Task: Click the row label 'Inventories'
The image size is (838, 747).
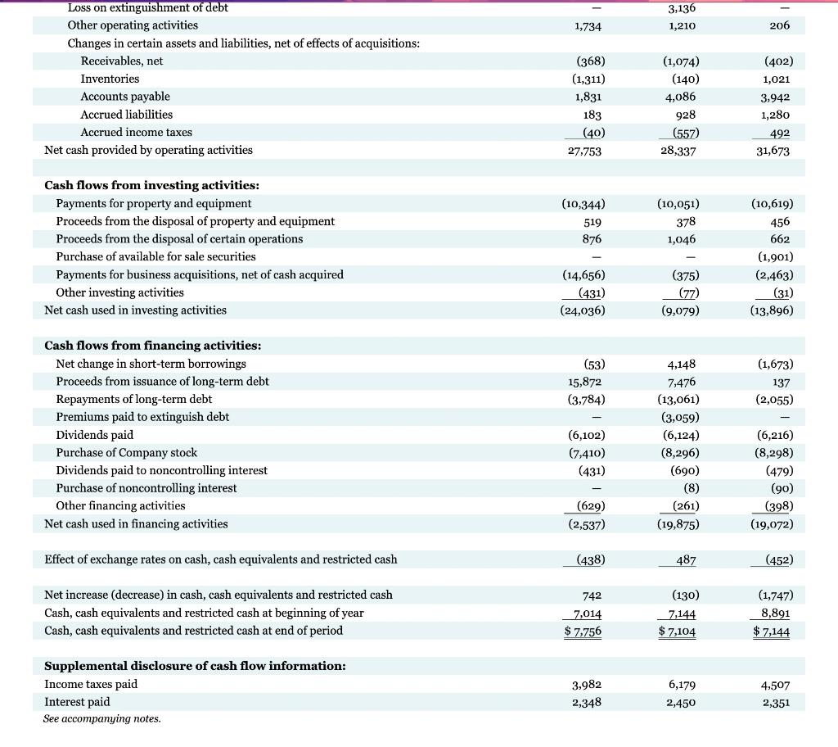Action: click(x=110, y=79)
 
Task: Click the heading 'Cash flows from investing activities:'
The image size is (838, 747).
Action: click(x=151, y=185)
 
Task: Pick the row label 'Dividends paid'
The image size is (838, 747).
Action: click(x=94, y=435)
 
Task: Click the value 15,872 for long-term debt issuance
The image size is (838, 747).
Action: click(x=586, y=382)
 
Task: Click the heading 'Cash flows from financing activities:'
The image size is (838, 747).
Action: click(x=152, y=346)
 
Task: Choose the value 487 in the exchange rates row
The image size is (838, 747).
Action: click(x=686, y=559)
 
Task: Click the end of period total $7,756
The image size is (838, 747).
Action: click(x=585, y=631)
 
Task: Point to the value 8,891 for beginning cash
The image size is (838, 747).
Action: click(x=775, y=613)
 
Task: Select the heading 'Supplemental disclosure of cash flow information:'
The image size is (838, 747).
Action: click(x=195, y=666)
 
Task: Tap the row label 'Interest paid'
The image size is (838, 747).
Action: click(x=77, y=702)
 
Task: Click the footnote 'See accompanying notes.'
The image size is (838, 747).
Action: click(x=102, y=718)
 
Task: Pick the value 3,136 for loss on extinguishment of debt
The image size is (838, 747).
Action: click(x=683, y=8)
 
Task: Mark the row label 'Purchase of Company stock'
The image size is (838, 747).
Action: click(x=126, y=453)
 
